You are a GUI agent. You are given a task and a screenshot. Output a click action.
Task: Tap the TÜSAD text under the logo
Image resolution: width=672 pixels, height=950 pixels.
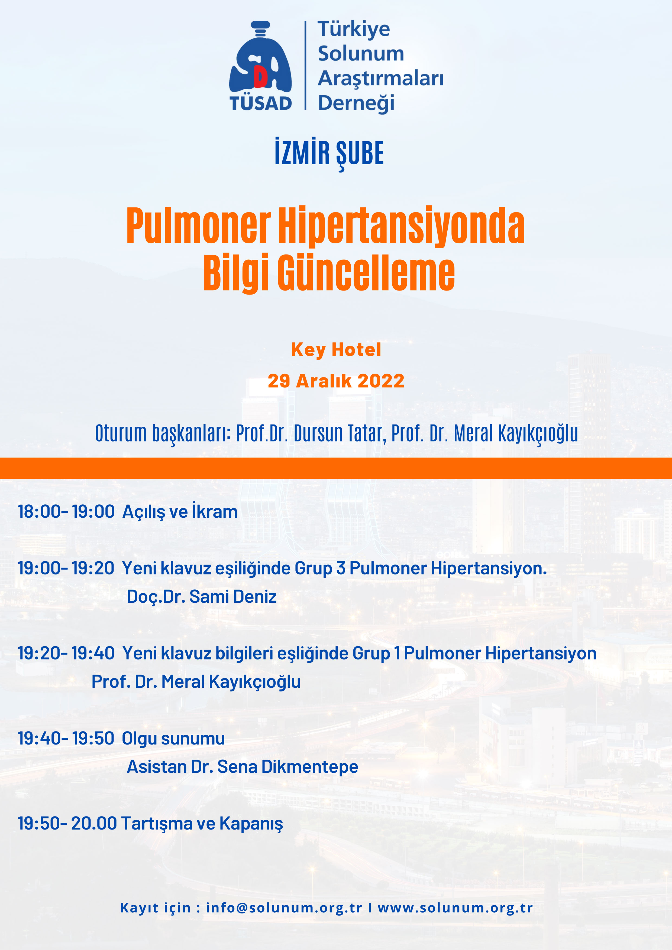tap(261, 103)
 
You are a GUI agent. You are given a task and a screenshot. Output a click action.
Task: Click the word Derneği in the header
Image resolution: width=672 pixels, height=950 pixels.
tap(356, 103)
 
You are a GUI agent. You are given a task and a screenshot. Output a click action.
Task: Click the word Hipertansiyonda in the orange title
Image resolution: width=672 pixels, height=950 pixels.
tap(401, 226)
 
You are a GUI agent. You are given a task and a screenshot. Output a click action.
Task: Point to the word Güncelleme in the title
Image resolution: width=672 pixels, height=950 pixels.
tap(366, 273)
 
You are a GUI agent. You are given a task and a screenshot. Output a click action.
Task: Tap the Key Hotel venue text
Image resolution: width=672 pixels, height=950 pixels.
tap(336, 350)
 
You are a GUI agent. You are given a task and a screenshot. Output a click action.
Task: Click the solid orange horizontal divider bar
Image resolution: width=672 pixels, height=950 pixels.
tap(336, 468)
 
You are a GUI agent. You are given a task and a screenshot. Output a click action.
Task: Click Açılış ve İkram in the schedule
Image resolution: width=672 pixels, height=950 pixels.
tap(180, 511)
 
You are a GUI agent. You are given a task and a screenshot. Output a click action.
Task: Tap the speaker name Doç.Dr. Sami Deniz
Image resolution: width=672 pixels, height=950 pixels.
tap(202, 597)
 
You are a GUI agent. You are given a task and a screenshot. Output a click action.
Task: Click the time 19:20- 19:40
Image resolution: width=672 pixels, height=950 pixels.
tap(66, 653)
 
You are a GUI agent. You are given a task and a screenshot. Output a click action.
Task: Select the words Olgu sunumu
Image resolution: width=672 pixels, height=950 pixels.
tap(173, 739)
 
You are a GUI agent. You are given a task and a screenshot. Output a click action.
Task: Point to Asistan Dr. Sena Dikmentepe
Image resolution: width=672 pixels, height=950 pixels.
tap(242, 767)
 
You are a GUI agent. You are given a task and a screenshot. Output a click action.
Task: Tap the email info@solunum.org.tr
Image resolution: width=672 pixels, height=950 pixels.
tap(284, 908)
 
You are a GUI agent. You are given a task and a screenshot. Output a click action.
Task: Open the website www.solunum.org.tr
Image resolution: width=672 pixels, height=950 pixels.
tap(455, 908)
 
